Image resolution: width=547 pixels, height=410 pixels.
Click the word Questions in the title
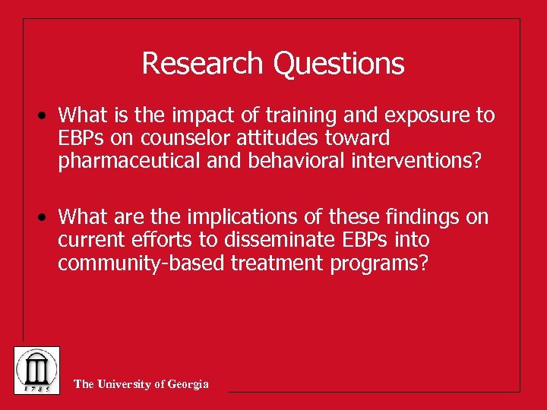point(338,64)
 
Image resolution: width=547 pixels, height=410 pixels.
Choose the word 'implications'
point(223,218)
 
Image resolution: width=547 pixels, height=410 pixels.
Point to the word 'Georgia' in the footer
point(188,384)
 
